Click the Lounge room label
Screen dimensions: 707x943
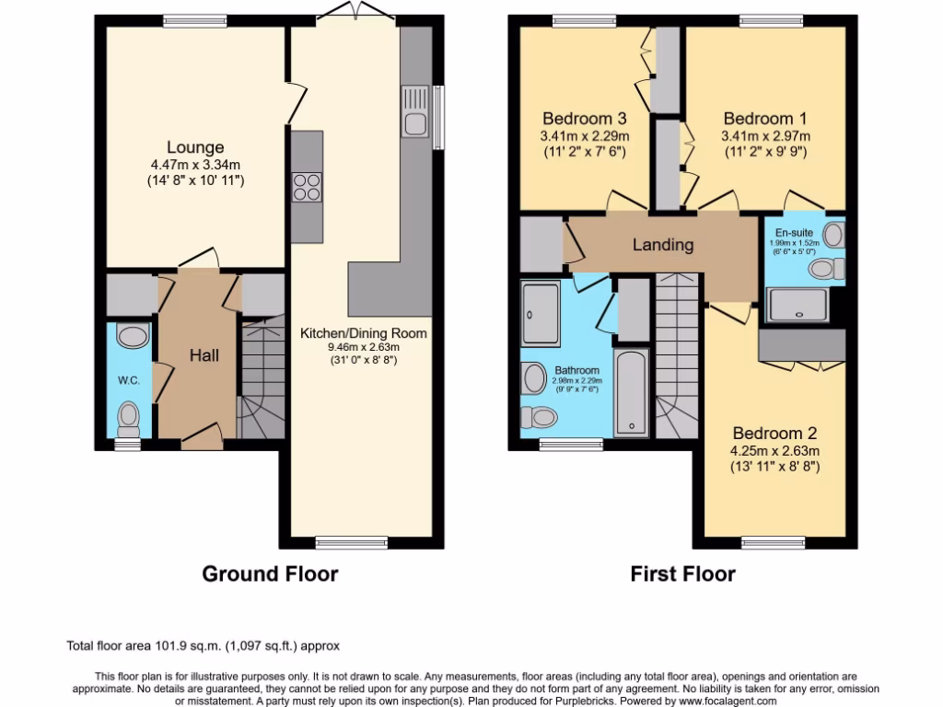(x=194, y=147)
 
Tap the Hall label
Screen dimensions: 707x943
(x=204, y=354)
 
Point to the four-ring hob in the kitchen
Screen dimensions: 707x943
(x=307, y=187)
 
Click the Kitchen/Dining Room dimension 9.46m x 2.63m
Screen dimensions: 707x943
(x=363, y=348)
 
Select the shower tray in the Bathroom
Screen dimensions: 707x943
(x=540, y=314)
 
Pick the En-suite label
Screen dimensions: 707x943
(x=793, y=232)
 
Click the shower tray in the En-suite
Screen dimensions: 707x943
(x=797, y=305)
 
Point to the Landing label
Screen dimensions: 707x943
(x=662, y=245)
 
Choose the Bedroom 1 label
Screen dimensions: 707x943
(x=758, y=119)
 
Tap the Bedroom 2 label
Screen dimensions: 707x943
(x=774, y=433)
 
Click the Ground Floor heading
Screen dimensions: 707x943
(x=270, y=574)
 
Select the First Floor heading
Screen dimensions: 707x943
(x=682, y=574)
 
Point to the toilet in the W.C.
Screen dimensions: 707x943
(x=129, y=418)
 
